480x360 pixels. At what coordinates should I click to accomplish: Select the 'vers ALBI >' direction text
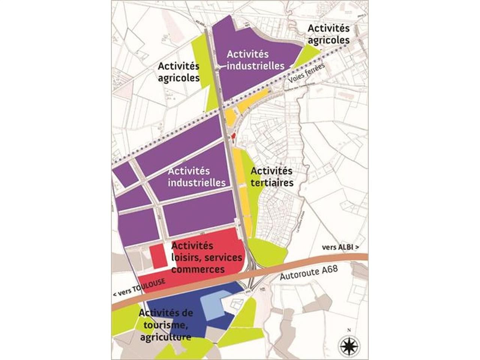click(340, 248)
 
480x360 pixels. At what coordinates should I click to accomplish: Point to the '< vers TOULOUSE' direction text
click(139, 287)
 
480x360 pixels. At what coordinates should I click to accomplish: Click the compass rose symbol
click(349, 345)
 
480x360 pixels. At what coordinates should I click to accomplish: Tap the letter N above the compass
click(349, 330)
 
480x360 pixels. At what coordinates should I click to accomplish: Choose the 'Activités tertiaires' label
click(271, 177)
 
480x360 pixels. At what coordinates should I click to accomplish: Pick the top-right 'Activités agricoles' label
click(328, 34)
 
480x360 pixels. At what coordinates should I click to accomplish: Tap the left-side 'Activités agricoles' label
click(178, 72)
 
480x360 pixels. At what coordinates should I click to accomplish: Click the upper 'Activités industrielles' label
click(255, 60)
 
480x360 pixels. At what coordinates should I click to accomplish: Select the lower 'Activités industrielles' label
click(196, 177)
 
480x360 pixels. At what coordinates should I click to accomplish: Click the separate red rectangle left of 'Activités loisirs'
click(158, 256)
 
